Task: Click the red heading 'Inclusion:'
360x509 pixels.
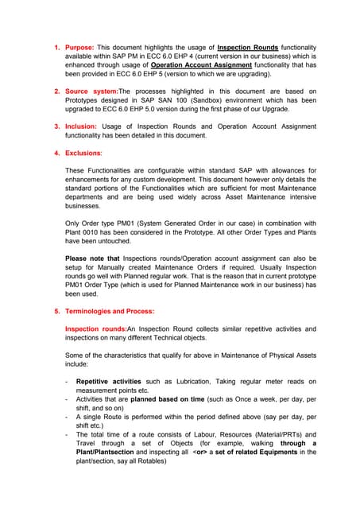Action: pos(81,126)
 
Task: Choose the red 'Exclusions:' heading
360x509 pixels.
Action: pos(83,153)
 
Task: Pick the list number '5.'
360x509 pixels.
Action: pos(57,311)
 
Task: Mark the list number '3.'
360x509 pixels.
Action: pos(57,126)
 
